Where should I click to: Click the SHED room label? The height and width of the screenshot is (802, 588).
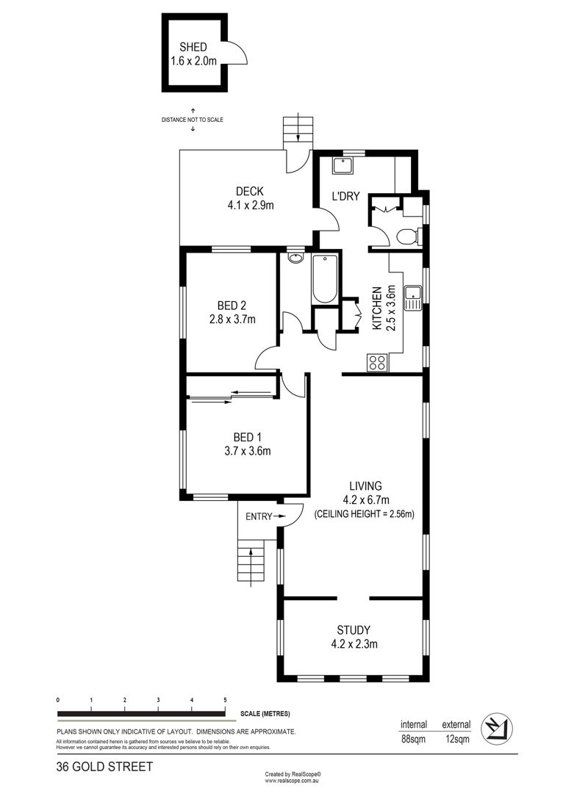coord(193,48)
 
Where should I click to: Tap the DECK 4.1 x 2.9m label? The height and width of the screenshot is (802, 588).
coord(250,198)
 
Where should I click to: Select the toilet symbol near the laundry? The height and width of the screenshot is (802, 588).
coord(409,236)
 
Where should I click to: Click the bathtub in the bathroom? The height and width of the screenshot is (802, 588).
coord(324,279)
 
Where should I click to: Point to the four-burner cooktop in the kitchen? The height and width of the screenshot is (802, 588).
coord(378,363)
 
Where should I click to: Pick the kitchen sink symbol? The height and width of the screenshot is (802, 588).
coord(412,298)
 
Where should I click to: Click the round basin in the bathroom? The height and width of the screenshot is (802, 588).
coord(295,258)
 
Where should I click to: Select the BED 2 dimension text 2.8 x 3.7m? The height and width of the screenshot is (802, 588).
coord(232,319)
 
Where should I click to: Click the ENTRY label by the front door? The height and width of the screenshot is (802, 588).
coord(259,516)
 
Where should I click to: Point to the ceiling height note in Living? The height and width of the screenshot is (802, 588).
coord(364,514)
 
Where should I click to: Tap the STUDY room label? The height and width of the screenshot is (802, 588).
coord(354,630)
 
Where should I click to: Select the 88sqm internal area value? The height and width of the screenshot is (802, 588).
coord(413,739)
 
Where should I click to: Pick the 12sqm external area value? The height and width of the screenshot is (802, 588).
coord(456,739)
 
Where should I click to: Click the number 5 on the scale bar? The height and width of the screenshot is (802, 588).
coord(225,700)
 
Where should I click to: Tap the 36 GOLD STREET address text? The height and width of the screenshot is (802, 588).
coord(104,767)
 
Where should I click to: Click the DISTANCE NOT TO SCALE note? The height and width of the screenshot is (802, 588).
coord(193,120)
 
